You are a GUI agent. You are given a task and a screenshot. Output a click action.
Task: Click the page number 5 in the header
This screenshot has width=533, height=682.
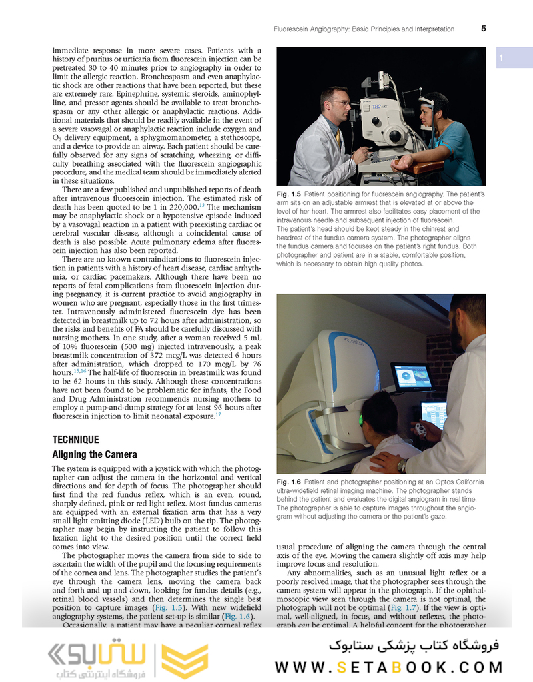[483, 29]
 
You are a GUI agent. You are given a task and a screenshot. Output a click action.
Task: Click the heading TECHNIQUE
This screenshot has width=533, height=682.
[75, 440]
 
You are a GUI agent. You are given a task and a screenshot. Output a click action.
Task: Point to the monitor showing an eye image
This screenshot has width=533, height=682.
[409, 377]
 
